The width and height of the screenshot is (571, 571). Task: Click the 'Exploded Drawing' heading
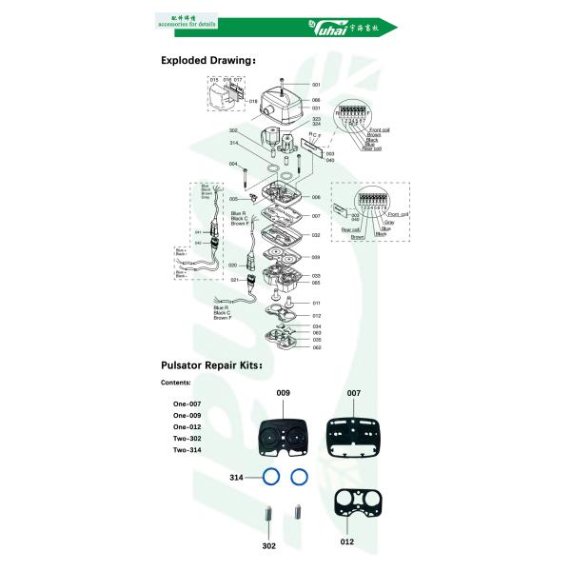207,60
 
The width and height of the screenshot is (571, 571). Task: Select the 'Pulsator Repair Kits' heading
211,364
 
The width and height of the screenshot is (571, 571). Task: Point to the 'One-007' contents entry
187,404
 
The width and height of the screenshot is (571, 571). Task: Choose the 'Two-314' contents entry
187,449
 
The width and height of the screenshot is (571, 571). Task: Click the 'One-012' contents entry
187,427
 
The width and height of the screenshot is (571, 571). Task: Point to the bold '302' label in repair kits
268,546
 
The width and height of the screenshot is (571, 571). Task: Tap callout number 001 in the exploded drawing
316,85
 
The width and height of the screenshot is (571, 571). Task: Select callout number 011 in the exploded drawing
316,303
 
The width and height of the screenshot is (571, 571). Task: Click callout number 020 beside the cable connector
232,265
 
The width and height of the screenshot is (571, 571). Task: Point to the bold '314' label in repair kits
236,475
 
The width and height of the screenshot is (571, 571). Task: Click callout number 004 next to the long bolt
233,164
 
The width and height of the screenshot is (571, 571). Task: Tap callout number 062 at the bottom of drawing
316,347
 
